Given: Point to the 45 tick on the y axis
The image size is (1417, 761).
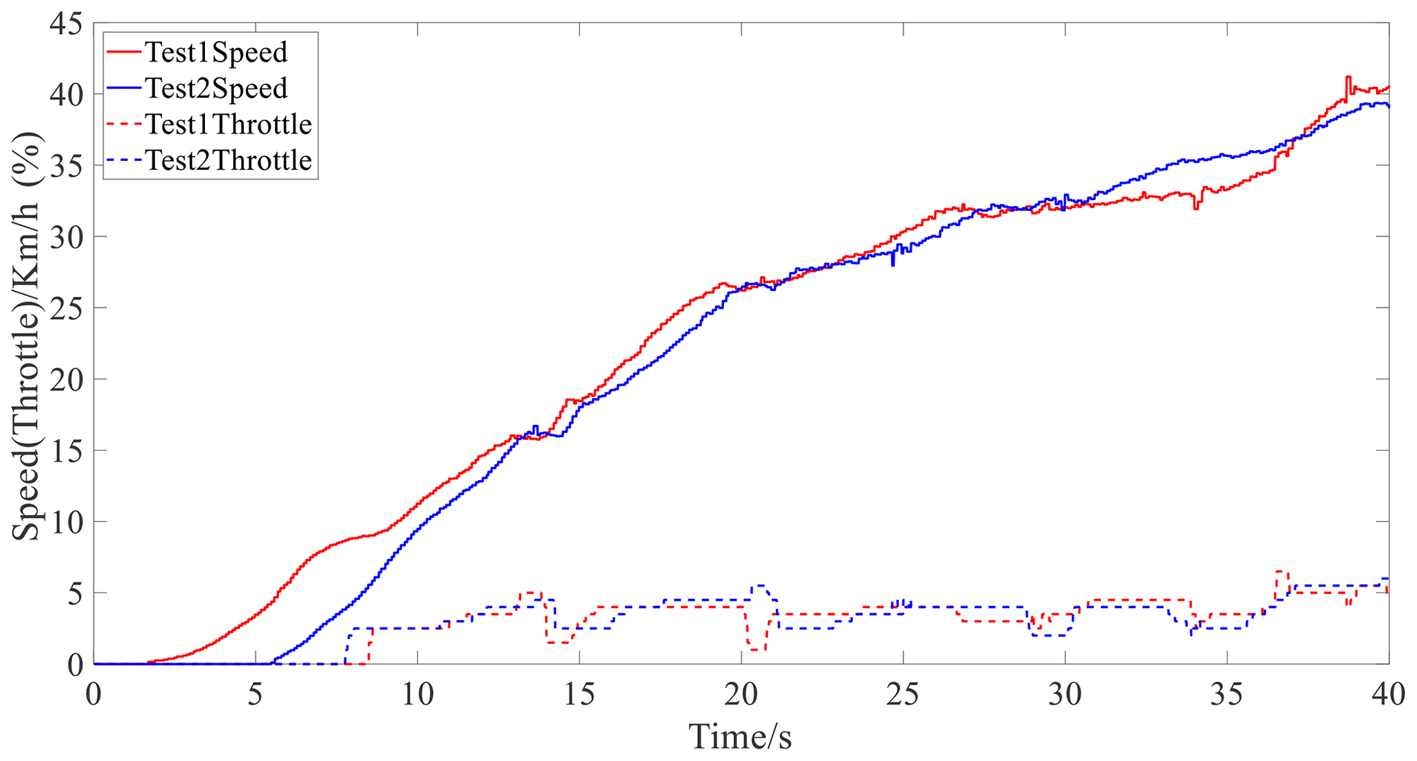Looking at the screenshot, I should point(66,25).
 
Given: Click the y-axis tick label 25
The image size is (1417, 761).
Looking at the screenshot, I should point(66,308).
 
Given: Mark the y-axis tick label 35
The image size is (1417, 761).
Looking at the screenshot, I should point(66,166).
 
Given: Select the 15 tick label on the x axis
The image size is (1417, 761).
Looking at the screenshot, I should point(579,695).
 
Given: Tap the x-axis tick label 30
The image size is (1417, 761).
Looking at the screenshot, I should point(1065,695).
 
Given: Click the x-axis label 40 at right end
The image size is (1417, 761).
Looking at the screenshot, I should point(1388,695).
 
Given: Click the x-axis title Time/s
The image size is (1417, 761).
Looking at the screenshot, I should point(740,737).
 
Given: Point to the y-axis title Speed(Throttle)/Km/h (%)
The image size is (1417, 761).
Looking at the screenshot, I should point(27,336).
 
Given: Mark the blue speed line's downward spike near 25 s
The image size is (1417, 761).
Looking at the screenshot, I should point(893,264).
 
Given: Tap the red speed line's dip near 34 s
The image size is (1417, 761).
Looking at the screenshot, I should point(1196,208).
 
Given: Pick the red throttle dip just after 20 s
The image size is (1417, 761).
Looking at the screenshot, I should point(756,649).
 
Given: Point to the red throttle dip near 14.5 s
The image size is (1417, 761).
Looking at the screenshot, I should point(558,642).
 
